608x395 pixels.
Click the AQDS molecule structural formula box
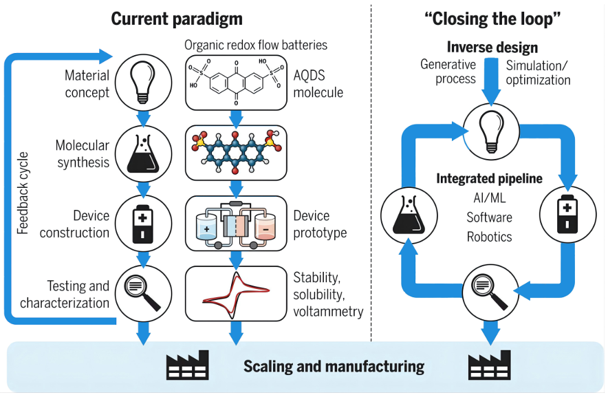[x=236, y=82]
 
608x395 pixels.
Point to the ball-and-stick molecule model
[x=236, y=151]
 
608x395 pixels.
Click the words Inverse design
[x=492, y=47]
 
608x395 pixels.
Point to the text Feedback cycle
[x=22, y=193]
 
